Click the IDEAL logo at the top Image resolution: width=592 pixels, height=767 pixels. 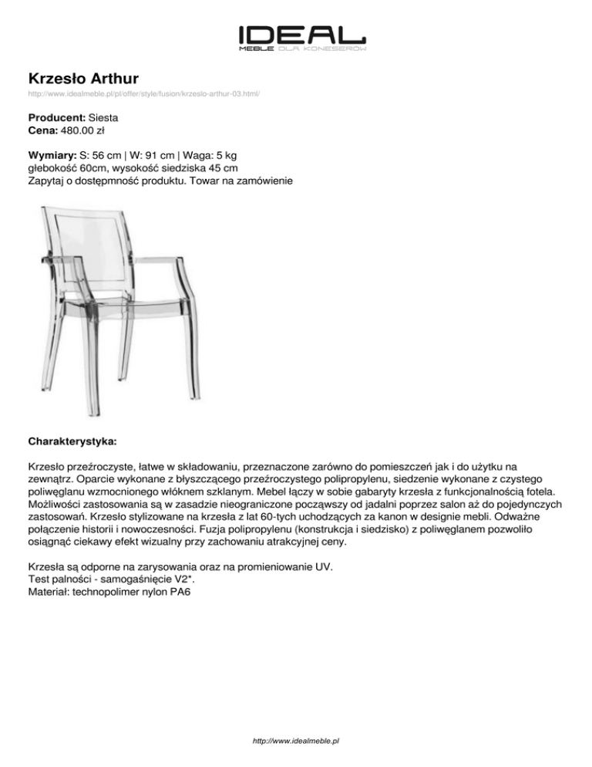click(301, 36)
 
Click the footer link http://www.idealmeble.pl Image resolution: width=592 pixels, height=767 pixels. click(296, 741)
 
